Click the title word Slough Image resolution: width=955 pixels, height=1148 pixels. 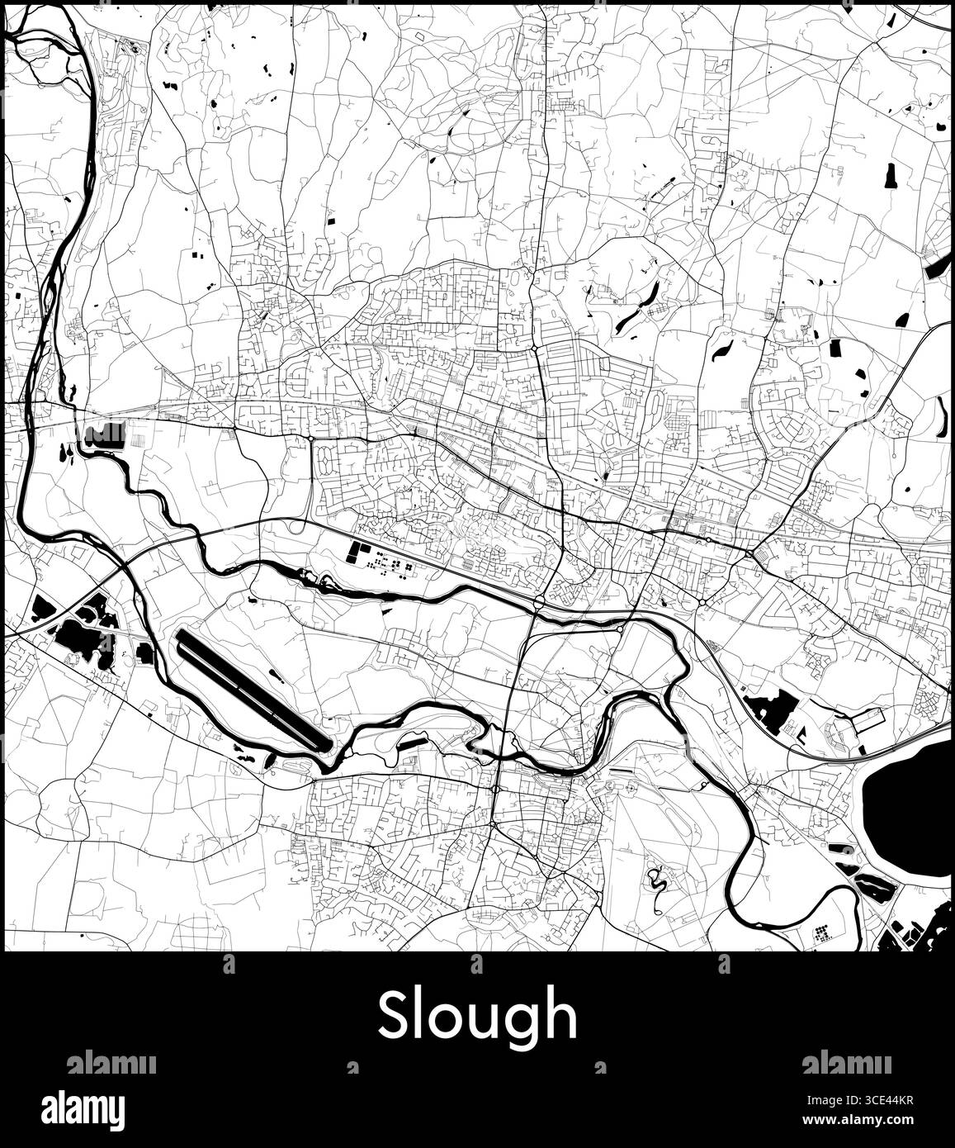477,1017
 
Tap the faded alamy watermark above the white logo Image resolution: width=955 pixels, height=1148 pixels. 111,1063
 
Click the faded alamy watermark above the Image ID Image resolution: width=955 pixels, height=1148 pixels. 846,1063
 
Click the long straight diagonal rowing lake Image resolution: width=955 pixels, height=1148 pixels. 253,689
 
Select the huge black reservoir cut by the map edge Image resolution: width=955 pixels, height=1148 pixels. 908,809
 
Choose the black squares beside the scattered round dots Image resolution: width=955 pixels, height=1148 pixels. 358,553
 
